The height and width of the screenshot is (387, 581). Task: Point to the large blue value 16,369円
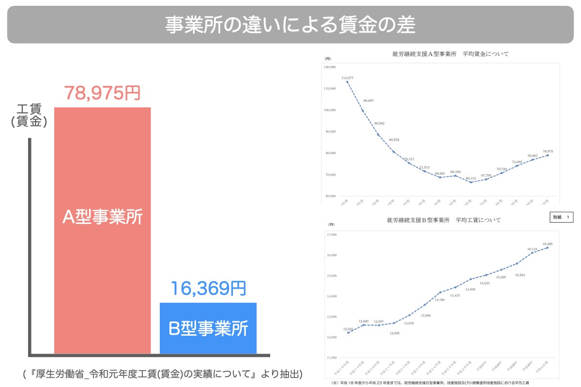(x=208, y=289)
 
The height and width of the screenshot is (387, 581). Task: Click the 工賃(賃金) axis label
(x=29, y=116)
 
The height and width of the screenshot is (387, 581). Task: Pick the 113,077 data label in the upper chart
(x=347, y=77)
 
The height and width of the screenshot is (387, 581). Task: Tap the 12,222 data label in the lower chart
(x=349, y=329)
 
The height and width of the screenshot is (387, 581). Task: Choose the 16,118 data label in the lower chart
(x=533, y=249)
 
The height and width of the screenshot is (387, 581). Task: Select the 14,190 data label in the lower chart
(x=440, y=300)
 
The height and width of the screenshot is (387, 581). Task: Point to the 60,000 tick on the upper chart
(x=331, y=196)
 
